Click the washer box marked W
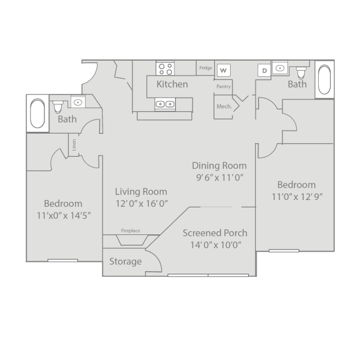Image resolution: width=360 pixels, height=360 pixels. (x=223, y=70)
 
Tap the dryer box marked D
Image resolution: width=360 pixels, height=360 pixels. (x=264, y=70)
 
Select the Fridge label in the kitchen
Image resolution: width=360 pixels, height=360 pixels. (x=206, y=68)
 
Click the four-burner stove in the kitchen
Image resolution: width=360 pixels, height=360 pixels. (x=165, y=69)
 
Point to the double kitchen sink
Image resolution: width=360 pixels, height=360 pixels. (x=165, y=104)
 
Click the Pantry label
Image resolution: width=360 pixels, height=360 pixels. (x=223, y=86)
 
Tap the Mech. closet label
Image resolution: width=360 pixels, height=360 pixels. (x=224, y=106)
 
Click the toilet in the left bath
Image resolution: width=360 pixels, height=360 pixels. (x=58, y=106)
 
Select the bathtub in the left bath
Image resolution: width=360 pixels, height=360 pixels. (x=37, y=113)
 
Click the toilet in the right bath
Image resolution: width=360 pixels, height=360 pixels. (x=301, y=72)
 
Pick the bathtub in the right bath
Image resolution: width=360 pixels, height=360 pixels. (x=324, y=79)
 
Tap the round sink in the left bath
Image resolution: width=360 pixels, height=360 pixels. (x=78, y=102)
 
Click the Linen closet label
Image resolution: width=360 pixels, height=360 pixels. (x=74, y=145)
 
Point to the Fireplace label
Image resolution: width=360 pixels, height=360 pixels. (x=131, y=231)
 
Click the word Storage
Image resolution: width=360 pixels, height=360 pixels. (x=126, y=261)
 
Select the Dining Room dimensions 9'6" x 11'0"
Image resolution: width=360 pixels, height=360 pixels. (x=220, y=177)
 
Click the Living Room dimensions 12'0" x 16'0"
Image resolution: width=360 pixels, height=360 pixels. (x=141, y=204)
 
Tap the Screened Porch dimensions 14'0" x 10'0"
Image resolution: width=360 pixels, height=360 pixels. (x=216, y=245)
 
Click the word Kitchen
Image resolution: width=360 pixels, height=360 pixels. (x=172, y=84)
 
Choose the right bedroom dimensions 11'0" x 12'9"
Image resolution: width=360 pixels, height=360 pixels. (x=297, y=197)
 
